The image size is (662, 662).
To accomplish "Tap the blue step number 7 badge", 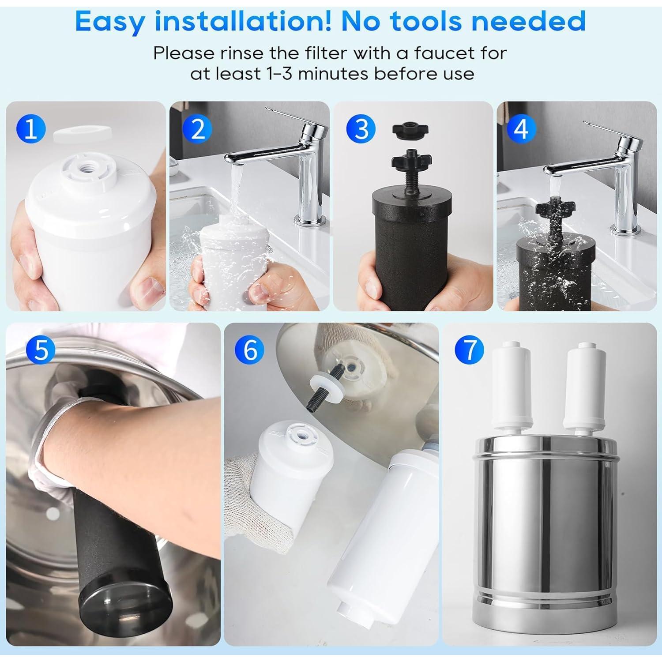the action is pyautogui.click(x=469, y=350).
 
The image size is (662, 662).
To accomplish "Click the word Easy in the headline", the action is pyautogui.click(x=114, y=20).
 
